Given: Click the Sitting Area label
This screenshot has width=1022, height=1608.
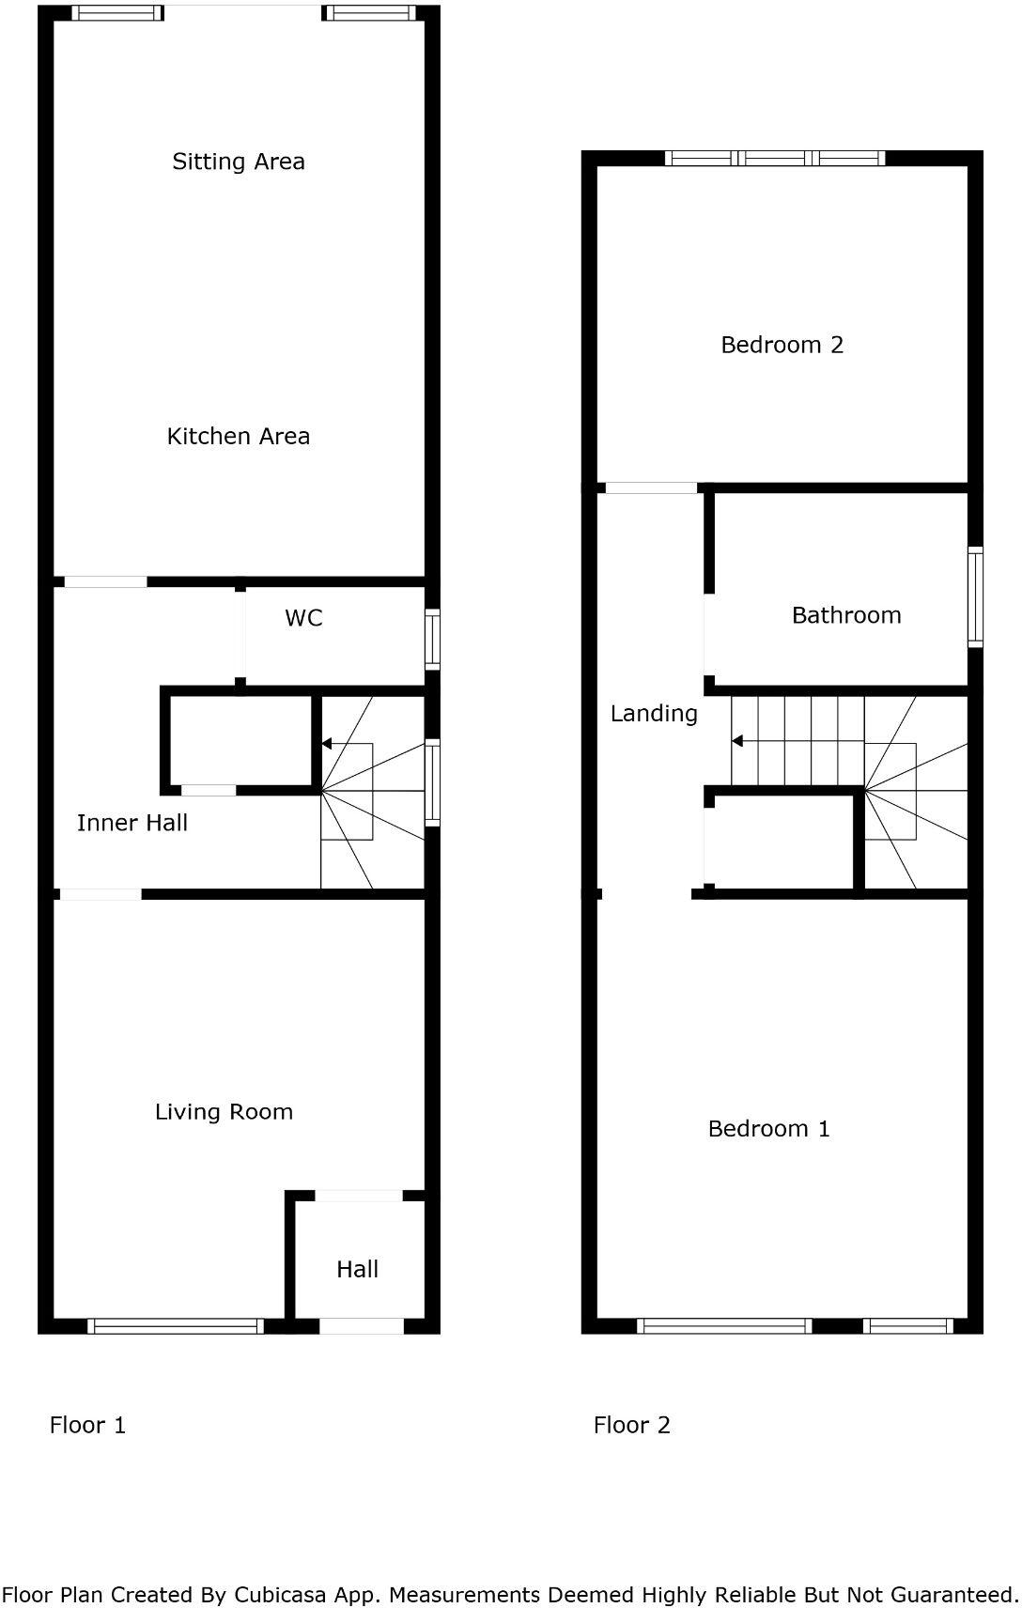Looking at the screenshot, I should click(x=239, y=162).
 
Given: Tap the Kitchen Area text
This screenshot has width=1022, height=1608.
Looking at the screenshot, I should click(x=239, y=436).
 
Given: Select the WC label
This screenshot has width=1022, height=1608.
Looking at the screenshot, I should click(x=303, y=618).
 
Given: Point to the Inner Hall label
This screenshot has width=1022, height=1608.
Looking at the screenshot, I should click(x=132, y=823).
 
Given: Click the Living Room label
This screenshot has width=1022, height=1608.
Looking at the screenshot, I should click(x=224, y=1112).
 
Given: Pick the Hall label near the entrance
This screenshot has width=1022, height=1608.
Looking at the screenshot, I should click(x=357, y=1270).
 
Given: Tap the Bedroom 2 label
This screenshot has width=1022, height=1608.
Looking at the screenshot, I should click(x=782, y=345).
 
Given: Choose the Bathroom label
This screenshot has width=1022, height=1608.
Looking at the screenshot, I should click(x=846, y=615).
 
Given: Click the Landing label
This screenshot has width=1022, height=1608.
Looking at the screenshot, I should click(x=654, y=714).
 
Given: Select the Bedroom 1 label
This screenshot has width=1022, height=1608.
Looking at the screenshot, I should click(x=768, y=1129).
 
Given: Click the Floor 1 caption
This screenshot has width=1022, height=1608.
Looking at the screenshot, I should click(x=87, y=1426).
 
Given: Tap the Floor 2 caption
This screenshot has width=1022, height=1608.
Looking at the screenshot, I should click(x=632, y=1426).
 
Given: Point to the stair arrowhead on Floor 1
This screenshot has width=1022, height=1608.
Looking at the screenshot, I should click(x=327, y=744).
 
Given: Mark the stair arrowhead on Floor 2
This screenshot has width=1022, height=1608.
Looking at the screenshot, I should click(x=737, y=741).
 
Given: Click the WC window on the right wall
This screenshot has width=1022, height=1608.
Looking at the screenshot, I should click(x=432, y=640).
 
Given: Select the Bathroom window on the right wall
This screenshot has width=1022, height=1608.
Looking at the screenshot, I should click(x=976, y=597).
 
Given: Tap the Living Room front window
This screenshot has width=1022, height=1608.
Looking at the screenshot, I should click(x=176, y=1326).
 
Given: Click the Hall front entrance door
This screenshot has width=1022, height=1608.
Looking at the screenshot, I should click(x=362, y=1326).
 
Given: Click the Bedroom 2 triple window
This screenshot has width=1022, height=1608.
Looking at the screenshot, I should click(x=775, y=158).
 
